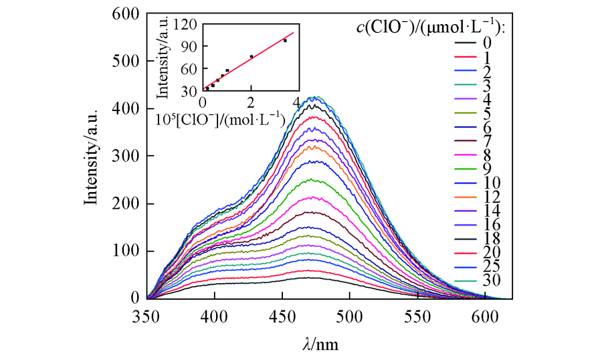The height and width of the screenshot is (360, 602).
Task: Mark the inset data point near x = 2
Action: pos(251,56)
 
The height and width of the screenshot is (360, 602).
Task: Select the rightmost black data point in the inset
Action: pos(285,41)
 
